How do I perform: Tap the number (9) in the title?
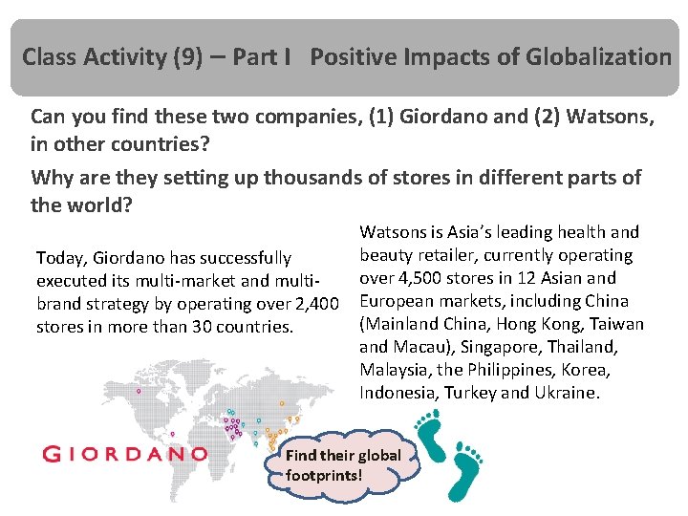[x=192, y=57]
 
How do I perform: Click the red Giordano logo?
[x=124, y=454]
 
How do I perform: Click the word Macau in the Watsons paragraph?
[x=416, y=347]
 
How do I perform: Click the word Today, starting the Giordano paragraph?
[x=63, y=258]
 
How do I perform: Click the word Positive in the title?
[x=355, y=57]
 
